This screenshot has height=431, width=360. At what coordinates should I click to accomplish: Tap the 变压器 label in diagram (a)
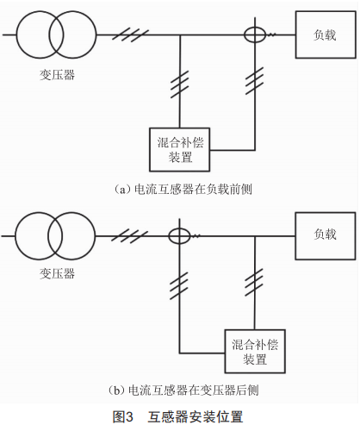pyautogui.click(x=57, y=75)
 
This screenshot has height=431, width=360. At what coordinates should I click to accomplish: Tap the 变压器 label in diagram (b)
pyautogui.click(x=57, y=273)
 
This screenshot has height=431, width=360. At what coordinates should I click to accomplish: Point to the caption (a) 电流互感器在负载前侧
pyautogui.click(x=183, y=190)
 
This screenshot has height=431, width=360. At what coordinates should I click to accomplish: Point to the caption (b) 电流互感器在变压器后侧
pyautogui.click(x=183, y=390)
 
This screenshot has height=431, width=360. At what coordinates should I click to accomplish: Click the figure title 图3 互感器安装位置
pyautogui.click(x=178, y=417)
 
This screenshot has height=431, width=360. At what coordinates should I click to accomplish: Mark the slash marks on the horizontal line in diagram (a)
pyautogui.click(x=131, y=34)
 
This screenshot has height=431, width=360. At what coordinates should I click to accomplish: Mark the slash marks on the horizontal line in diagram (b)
pyautogui.click(x=130, y=236)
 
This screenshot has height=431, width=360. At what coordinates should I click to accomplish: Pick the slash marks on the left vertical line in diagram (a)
pyautogui.click(x=180, y=84)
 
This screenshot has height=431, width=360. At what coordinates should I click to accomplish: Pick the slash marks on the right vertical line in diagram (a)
pyautogui.click(x=255, y=81)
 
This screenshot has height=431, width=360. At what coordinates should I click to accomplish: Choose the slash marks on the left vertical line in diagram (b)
pyautogui.click(x=179, y=285)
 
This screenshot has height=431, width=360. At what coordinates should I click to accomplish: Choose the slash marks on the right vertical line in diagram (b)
pyautogui.click(x=255, y=282)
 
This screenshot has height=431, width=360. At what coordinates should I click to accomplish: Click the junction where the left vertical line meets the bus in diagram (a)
pyautogui.click(x=180, y=34)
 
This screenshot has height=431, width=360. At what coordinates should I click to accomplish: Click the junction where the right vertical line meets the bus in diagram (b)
pyautogui.click(x=255, y=236)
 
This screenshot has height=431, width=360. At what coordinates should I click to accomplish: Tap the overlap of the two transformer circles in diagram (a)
pyautogui.click(x=56, y=34)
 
